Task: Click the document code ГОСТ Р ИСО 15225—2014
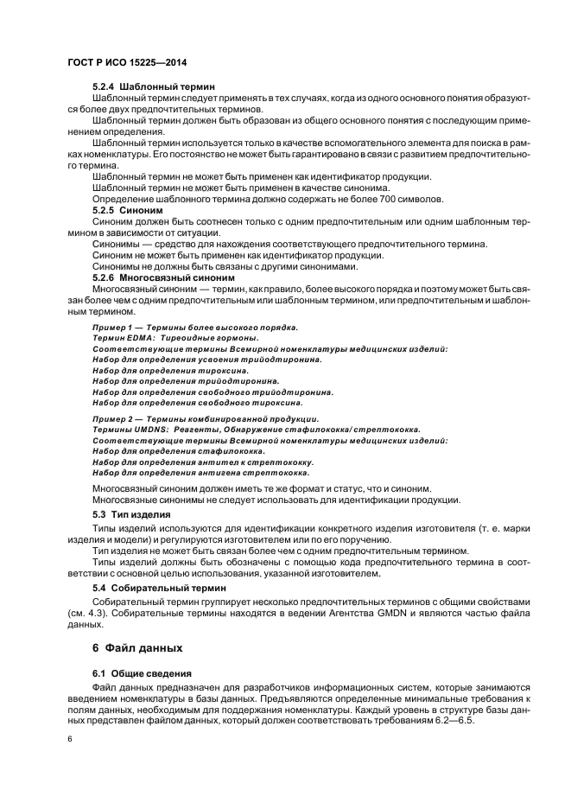[x=127, y=63]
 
